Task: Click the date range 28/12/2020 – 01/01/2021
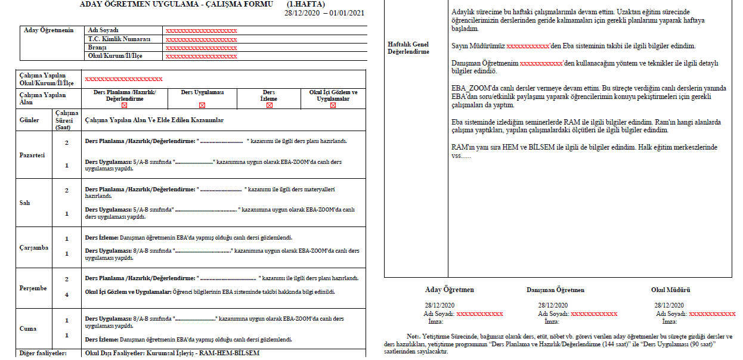tap(324, 13)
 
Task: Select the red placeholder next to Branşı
tap(201, 48)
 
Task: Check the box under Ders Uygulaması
tap(202, 105)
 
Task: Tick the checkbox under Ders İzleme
tap(270, 105)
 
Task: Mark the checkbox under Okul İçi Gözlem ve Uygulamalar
tap(333, 105)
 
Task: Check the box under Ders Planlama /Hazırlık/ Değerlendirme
tap(124, 105)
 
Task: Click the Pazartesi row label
tap(32, 156)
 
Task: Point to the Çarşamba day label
tap(33, 247)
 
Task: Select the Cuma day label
tap(28, 328)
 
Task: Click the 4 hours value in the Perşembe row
tap(66, 294)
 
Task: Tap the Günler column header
tap(29, 120)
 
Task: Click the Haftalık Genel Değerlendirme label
tap(408, 48)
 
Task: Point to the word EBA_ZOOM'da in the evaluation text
tap(471, 88)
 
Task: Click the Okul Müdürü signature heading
tap(670, 290)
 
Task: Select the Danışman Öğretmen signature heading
tap(555, 290)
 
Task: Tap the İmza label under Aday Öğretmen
tap(436, 321)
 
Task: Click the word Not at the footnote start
tap(413, 336)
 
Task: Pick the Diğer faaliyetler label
tap(42, 353)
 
